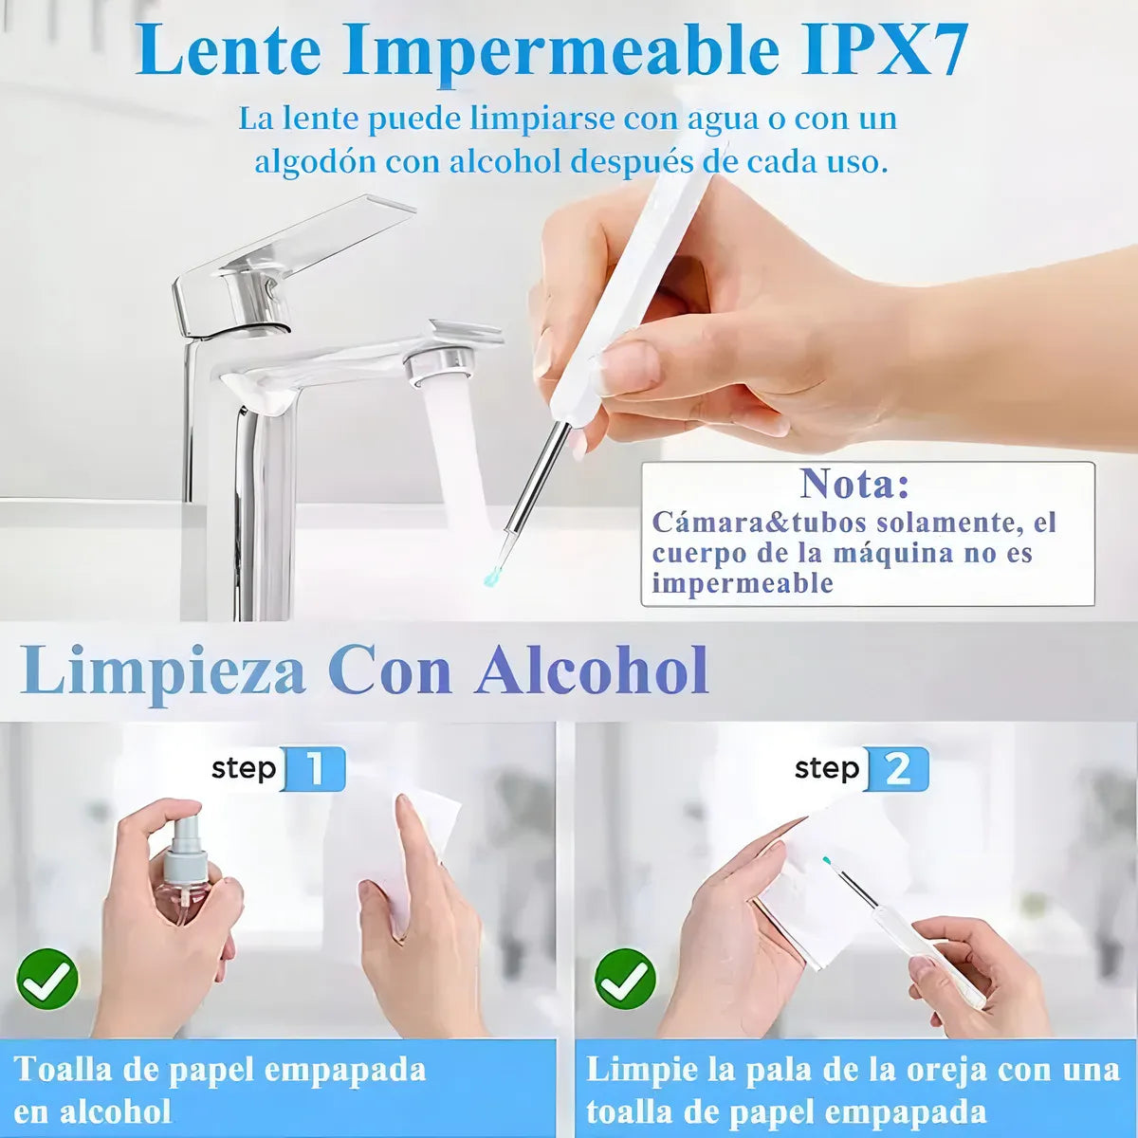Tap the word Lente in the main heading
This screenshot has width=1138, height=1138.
click(229, 49)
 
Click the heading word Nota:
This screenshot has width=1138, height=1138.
click(854, 484)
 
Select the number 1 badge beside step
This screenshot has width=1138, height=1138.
click(314, 769)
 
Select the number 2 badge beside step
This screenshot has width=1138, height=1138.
click(896, 769)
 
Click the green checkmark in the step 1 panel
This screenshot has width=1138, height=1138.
click(47, 979)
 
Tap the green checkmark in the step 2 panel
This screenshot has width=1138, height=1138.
click(625, 979)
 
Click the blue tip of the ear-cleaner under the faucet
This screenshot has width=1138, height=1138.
click(491, 575)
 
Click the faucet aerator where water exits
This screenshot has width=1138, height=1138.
click(441, 367)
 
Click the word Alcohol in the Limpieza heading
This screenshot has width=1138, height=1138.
click(593, 670)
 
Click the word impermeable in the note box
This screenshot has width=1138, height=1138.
click(742, 583)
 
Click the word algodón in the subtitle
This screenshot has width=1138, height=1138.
click(302, 161)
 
